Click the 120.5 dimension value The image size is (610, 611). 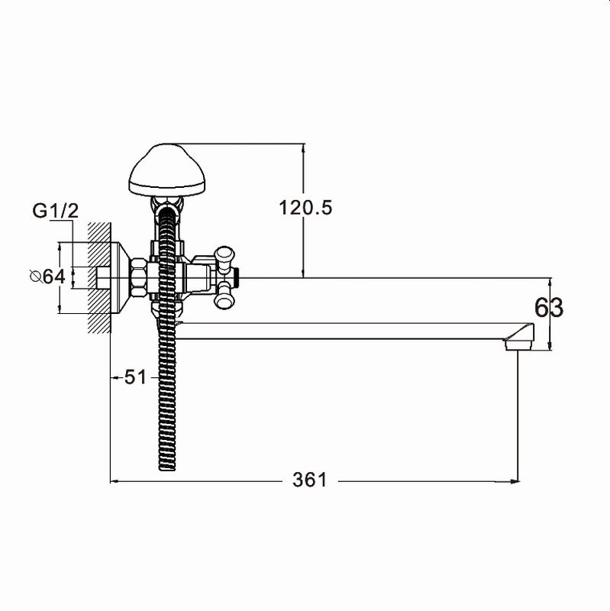(x=305, y=208)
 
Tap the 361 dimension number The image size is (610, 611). (x=310, y=480)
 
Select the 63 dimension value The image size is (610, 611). (x=548, y=308)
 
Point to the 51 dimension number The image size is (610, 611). (x=135, y=377)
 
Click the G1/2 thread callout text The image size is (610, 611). (x=55, y=211)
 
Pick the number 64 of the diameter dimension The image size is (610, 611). (x=53, y=276)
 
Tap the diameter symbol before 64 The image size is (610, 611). (x=36, y=276)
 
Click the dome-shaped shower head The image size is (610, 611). (x=166, y=170)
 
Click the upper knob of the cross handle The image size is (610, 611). (x=224, y=254)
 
